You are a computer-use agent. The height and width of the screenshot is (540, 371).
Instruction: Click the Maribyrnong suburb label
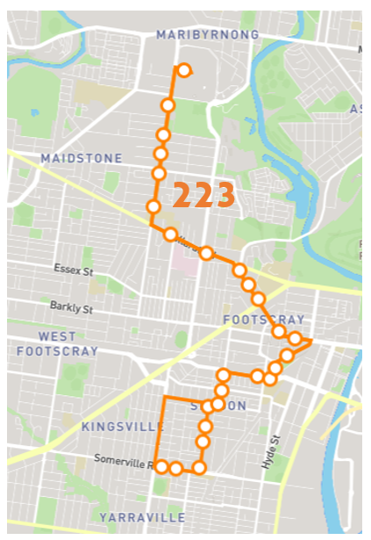207,34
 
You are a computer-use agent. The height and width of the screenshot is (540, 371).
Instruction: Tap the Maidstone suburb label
81,158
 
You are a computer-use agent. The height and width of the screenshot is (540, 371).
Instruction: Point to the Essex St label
73,270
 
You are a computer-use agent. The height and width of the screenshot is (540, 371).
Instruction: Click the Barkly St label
73,309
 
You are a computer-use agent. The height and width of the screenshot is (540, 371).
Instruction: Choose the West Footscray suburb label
56,343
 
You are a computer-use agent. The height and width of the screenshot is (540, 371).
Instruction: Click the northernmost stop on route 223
185,70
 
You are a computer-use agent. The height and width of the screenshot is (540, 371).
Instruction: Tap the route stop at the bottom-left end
161,467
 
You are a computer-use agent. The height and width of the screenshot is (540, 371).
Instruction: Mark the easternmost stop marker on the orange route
296,339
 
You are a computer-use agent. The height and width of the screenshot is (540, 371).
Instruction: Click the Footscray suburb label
263,319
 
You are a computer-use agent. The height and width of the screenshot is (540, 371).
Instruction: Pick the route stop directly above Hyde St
271,378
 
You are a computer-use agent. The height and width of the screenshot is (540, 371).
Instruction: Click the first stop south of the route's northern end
168,105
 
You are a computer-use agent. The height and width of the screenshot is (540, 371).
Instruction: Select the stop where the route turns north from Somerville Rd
200,468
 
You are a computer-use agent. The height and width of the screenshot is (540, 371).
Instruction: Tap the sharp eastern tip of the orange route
311,340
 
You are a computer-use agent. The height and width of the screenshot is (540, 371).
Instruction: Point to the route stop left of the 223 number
154,207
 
